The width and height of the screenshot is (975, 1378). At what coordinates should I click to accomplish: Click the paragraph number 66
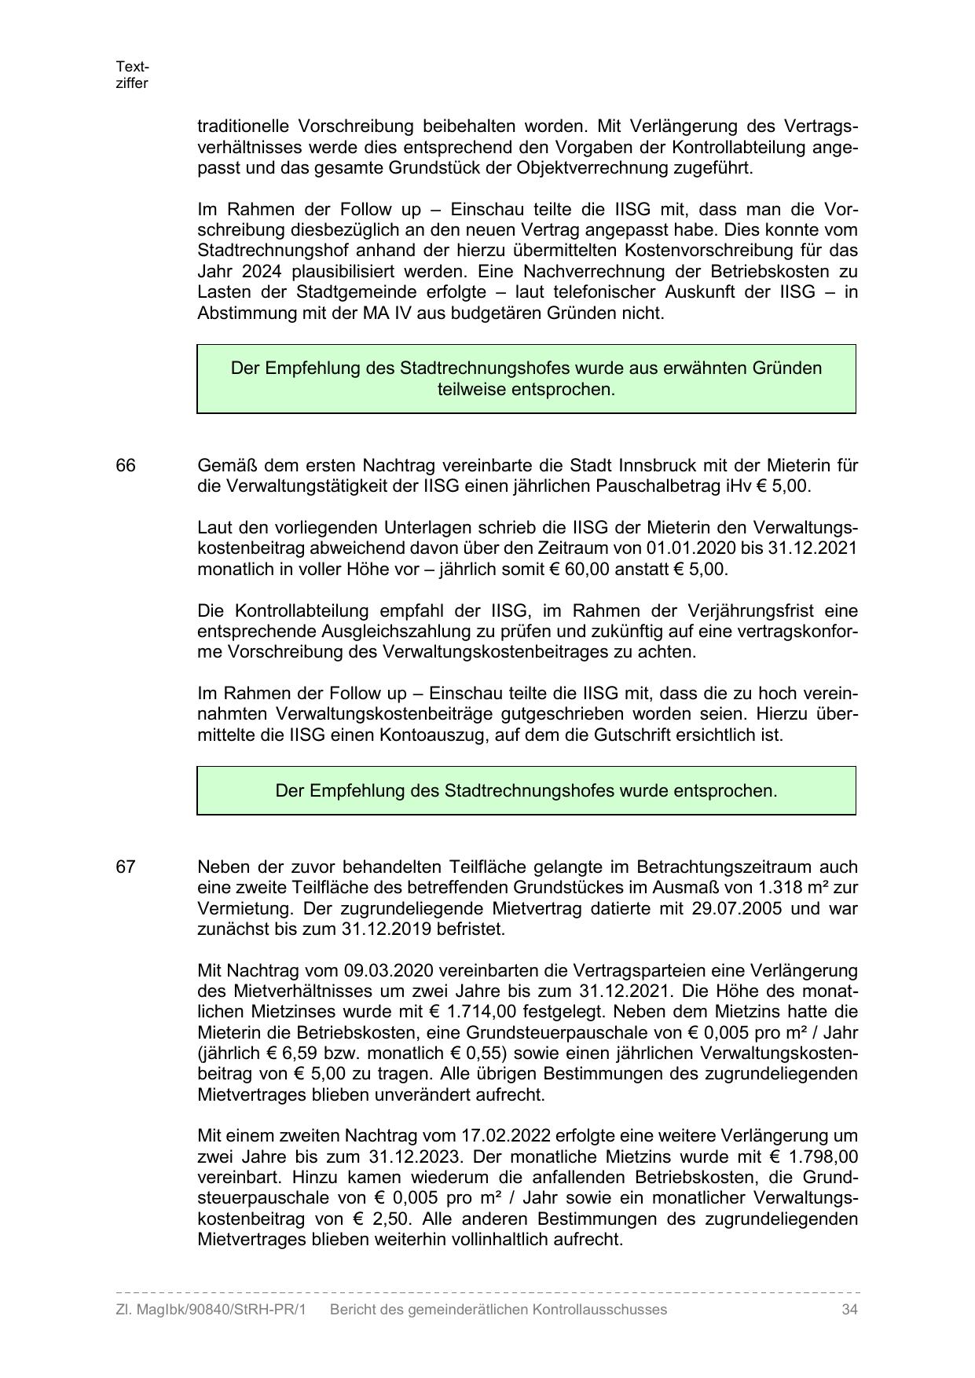click(x=126, y=466)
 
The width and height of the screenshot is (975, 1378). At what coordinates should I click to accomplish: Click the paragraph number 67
click(x=126, y=867)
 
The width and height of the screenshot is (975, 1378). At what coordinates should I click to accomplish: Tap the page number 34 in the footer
click(x=849, y=1310)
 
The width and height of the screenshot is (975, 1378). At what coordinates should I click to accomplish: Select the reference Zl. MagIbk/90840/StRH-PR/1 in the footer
click(x=211, y=1310)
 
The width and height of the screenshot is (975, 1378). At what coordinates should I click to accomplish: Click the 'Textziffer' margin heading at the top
click(x=132, y=75)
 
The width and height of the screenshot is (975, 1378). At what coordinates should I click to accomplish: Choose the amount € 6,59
click(x=284, y=1054)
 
